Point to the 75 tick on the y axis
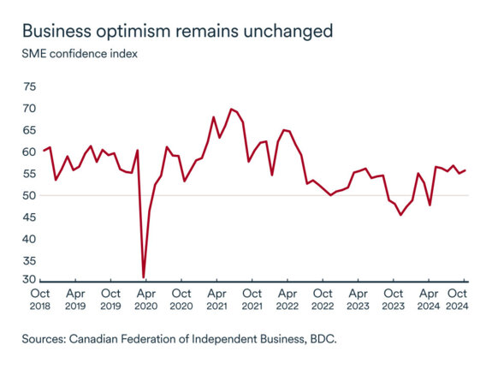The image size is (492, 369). (30, 87)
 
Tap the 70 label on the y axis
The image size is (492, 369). (30, 109)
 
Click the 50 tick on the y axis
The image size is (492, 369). (30, 195)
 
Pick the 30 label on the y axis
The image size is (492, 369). (30, 280)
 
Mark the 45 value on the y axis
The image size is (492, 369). (30, 217)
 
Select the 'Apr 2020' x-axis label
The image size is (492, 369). (145, 298)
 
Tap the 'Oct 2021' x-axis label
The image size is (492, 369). (252, 298)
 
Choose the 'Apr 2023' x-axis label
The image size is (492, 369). (358, 298)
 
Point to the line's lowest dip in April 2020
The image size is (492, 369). (144, 277)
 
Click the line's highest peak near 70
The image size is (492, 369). (231, 109)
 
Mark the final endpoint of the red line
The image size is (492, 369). (465, 170)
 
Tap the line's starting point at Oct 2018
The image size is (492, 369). (44, 151)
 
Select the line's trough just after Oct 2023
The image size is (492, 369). (400, 215)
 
